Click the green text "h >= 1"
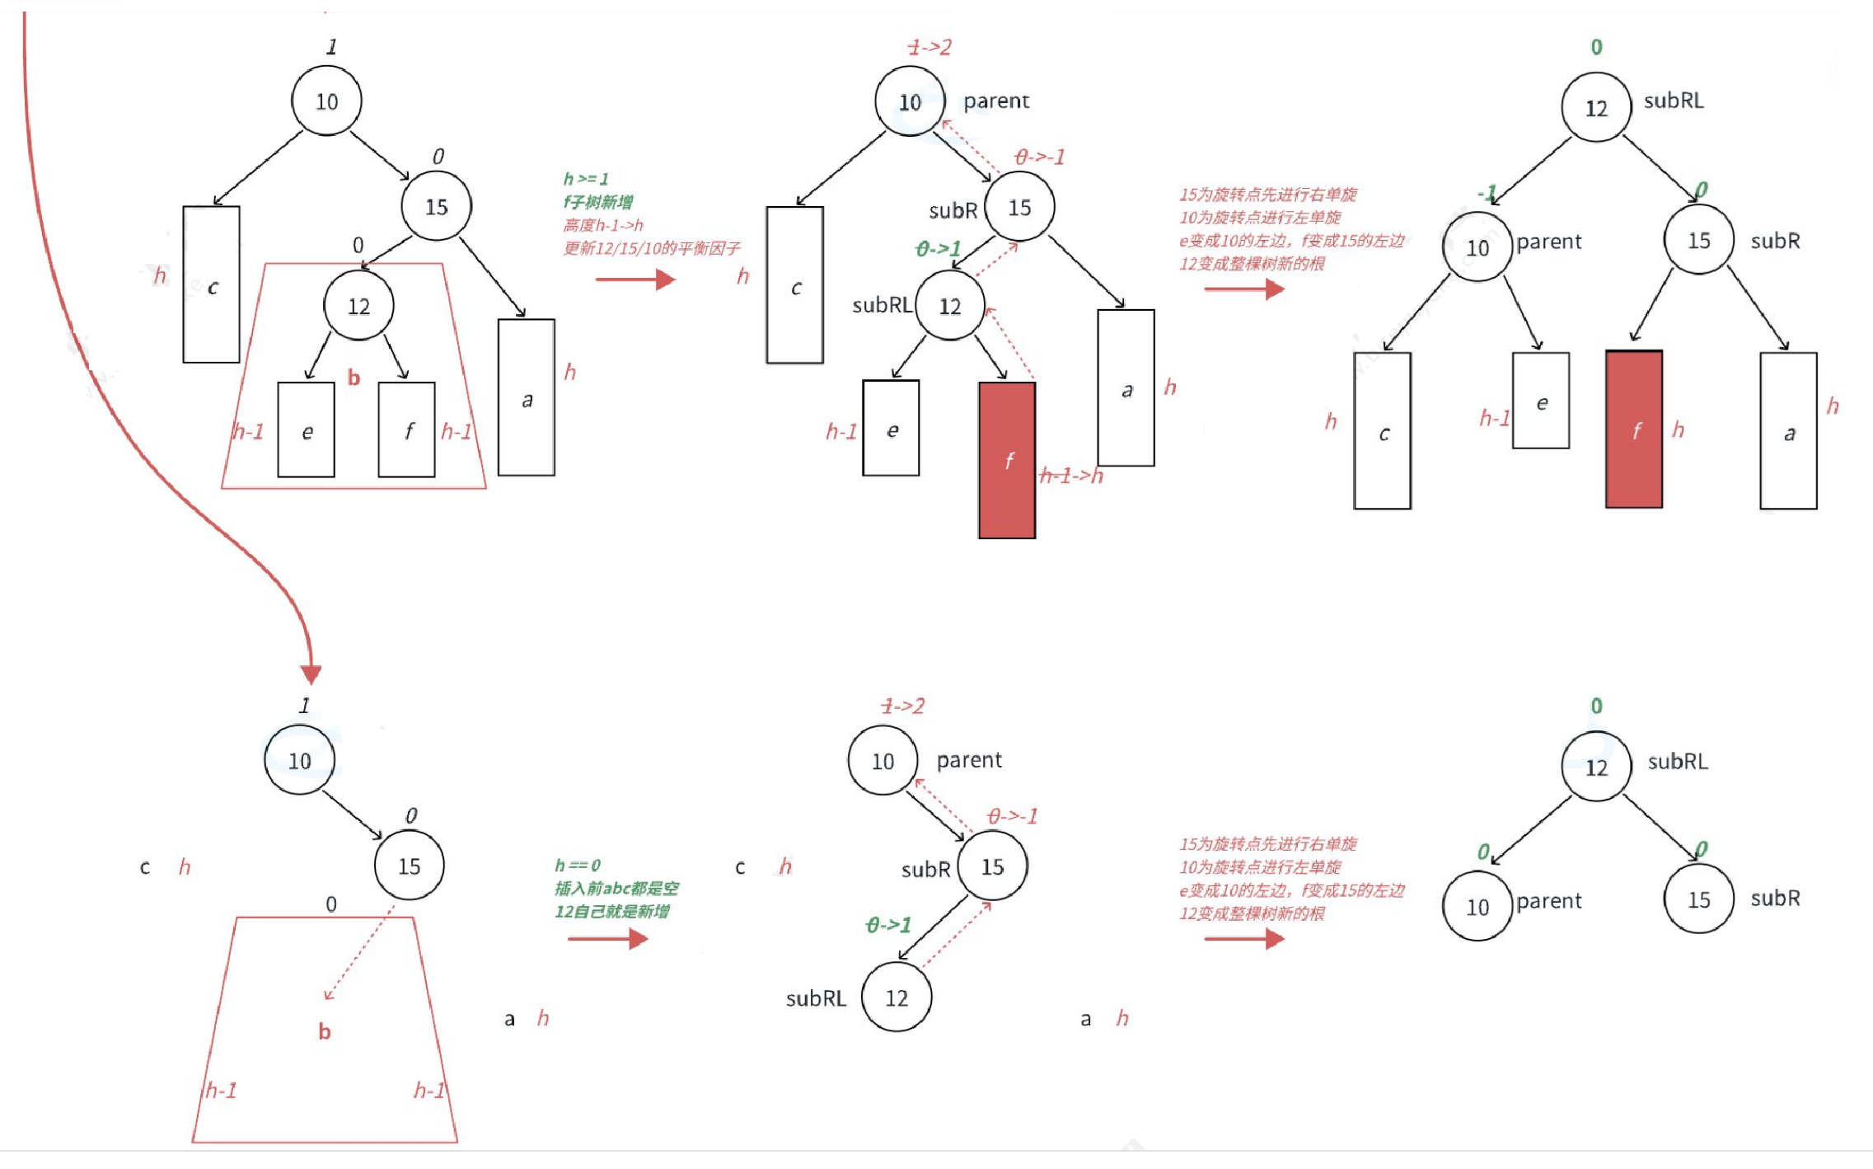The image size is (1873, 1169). click(x=586, y=179)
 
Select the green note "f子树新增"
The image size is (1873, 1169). click(x=597, y=202)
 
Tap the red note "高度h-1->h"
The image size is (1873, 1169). click(x=602, y=225)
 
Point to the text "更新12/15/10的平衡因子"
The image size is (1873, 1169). click(x=651, y=248)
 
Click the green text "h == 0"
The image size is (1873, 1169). click(x=578, y=865)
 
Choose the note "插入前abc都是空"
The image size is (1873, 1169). click(x=616, y=888)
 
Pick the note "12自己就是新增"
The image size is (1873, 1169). click(x=611, y=911)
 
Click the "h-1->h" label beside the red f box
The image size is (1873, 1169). click(x=1071, y=476)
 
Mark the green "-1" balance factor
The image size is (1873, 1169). click(x=1487, y=194)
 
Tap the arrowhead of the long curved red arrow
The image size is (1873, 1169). click(x=311, y=674)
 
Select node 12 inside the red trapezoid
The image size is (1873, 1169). click(x=358, y=306)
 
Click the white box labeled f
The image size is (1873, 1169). click(x=406, y=430)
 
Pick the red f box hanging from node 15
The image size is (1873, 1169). click(x=1633, y=430)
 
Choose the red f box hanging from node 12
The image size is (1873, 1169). click(x=1007, y=460)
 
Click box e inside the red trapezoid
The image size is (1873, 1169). click(x=306, y=430)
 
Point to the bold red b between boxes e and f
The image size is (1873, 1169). click(x=354, y=378)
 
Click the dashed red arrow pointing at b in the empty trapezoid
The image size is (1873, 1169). click(x=358, y=954)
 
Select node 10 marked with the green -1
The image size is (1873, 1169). click(x=1477, y=247)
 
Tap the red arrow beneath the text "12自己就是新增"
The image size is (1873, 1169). click(x=608, y=938)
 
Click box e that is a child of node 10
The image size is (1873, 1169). click(x=1540, y=401)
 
